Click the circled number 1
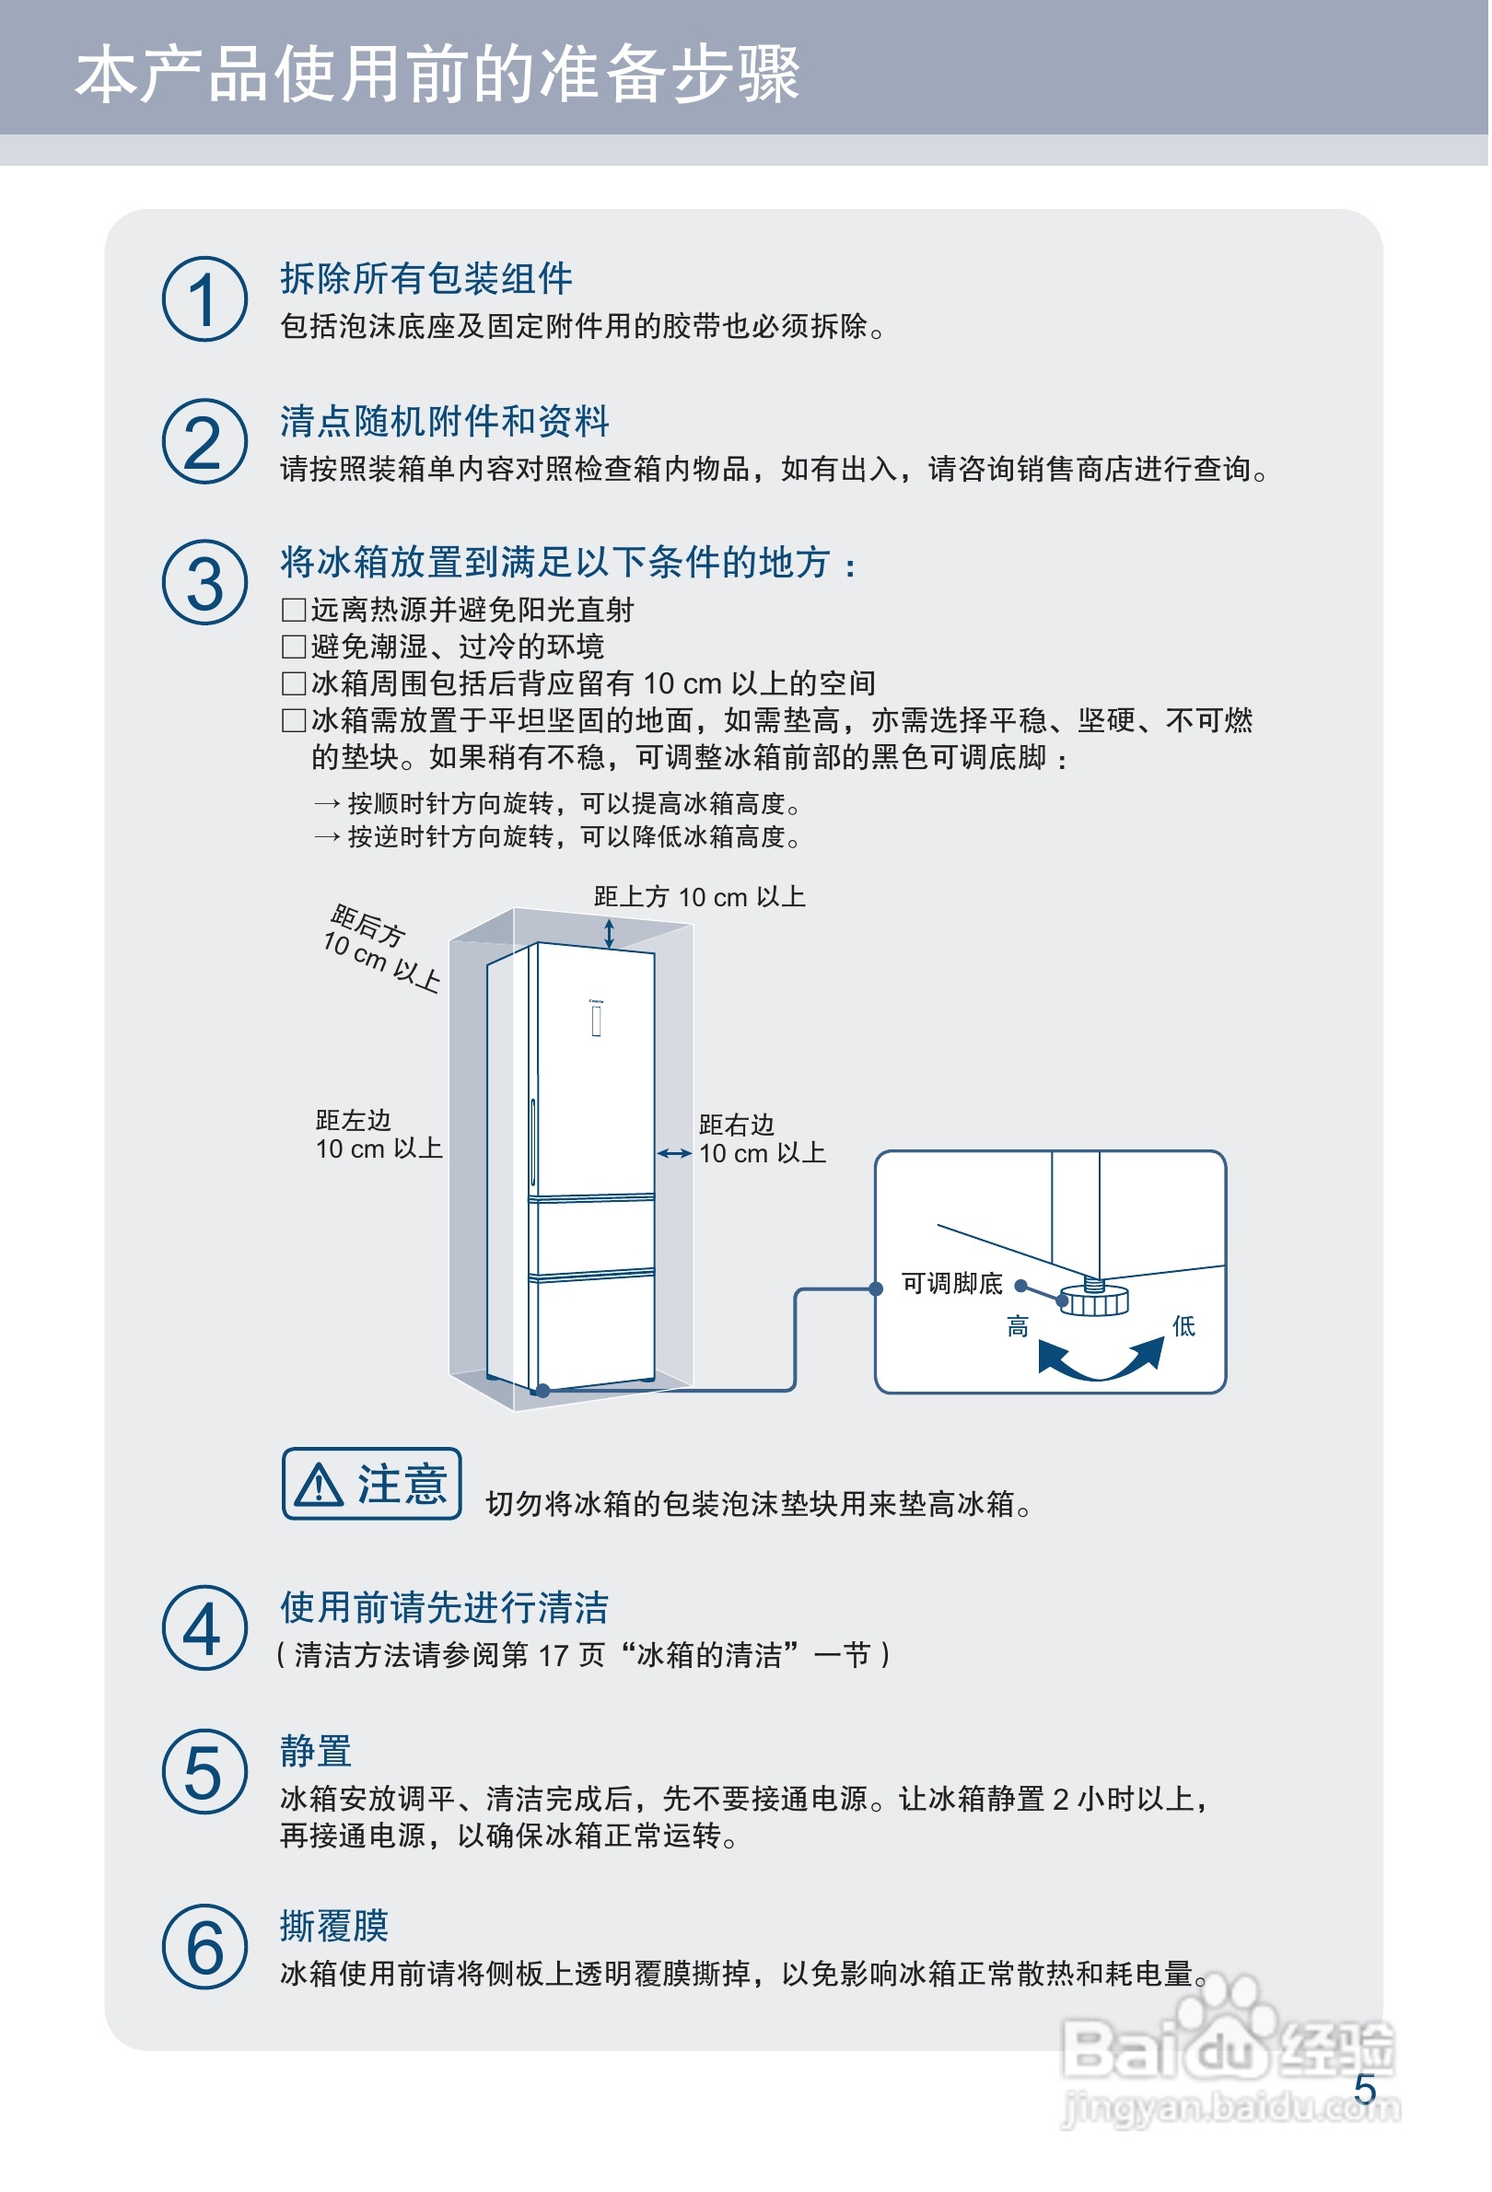tap(204, 300)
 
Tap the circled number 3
tap(204, 583)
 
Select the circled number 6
tap(204, 1948)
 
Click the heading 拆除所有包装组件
tap(426, 279)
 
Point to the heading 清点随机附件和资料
tap(444, 422)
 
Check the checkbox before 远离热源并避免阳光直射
tap(293, 611)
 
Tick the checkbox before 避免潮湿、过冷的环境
tap(293, 647)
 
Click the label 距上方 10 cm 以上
tap(699, 897)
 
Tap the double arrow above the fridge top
tap(610, 934)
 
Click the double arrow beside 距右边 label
tap(674, 1153)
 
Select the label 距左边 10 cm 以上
tap(379, 1135)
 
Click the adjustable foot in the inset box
tap(1095, 1300)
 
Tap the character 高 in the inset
tap(1018, 1327)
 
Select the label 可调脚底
tap(952, 1284)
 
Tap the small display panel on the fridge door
tap(597, 1021)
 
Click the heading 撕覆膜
tap(334, 1927)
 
